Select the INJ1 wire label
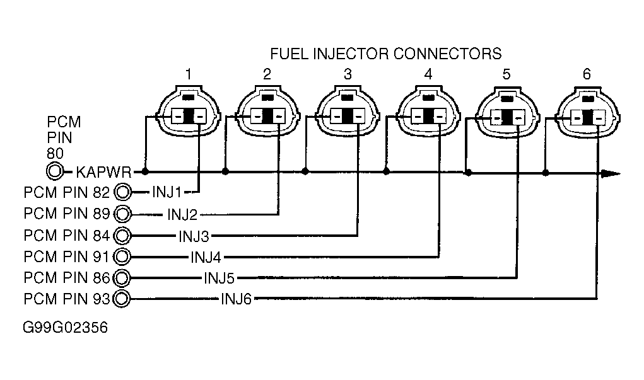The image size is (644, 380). tap(167, 191)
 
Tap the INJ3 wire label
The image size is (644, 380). tap(194, 236)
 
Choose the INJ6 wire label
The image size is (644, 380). tap(236, 299)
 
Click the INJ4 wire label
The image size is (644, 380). tap(206, 257)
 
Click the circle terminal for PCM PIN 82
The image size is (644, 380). tap(123, 192)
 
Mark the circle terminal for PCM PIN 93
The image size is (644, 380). tap(123, 299)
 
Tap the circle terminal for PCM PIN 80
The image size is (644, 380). tap(55, 171)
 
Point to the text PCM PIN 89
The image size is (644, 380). tap(67, 212)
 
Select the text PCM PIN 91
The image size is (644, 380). tap(67, 256)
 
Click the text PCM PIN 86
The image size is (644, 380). tap(67, 277)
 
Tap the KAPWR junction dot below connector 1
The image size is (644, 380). tap(146, 171)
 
